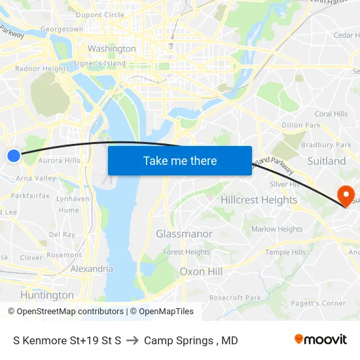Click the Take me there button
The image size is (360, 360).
coord(180,161)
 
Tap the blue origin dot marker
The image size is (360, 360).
coord(14,155)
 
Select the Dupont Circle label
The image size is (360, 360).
coord(100,15)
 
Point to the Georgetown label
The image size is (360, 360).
coord(62,29)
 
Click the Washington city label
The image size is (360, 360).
coord(111,48)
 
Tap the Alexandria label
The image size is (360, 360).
coord(92,268)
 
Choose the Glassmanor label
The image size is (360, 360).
coord(184,234)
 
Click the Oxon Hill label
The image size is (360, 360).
coord(201,271)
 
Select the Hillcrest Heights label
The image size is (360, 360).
coord(259,200)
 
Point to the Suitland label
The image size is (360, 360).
coord(326,160)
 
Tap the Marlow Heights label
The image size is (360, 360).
coord(277,229)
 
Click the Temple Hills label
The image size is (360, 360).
coord(285,252)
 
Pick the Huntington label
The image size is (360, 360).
coord(47,295)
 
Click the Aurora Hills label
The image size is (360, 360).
coord(59,160)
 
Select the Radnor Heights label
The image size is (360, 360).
coord(42,69)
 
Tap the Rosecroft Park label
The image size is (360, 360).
coord(235,298)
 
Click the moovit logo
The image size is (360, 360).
coord(321,339)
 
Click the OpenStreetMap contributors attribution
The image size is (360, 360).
coord(66,312)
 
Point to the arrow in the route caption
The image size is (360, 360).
coord(132,340)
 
